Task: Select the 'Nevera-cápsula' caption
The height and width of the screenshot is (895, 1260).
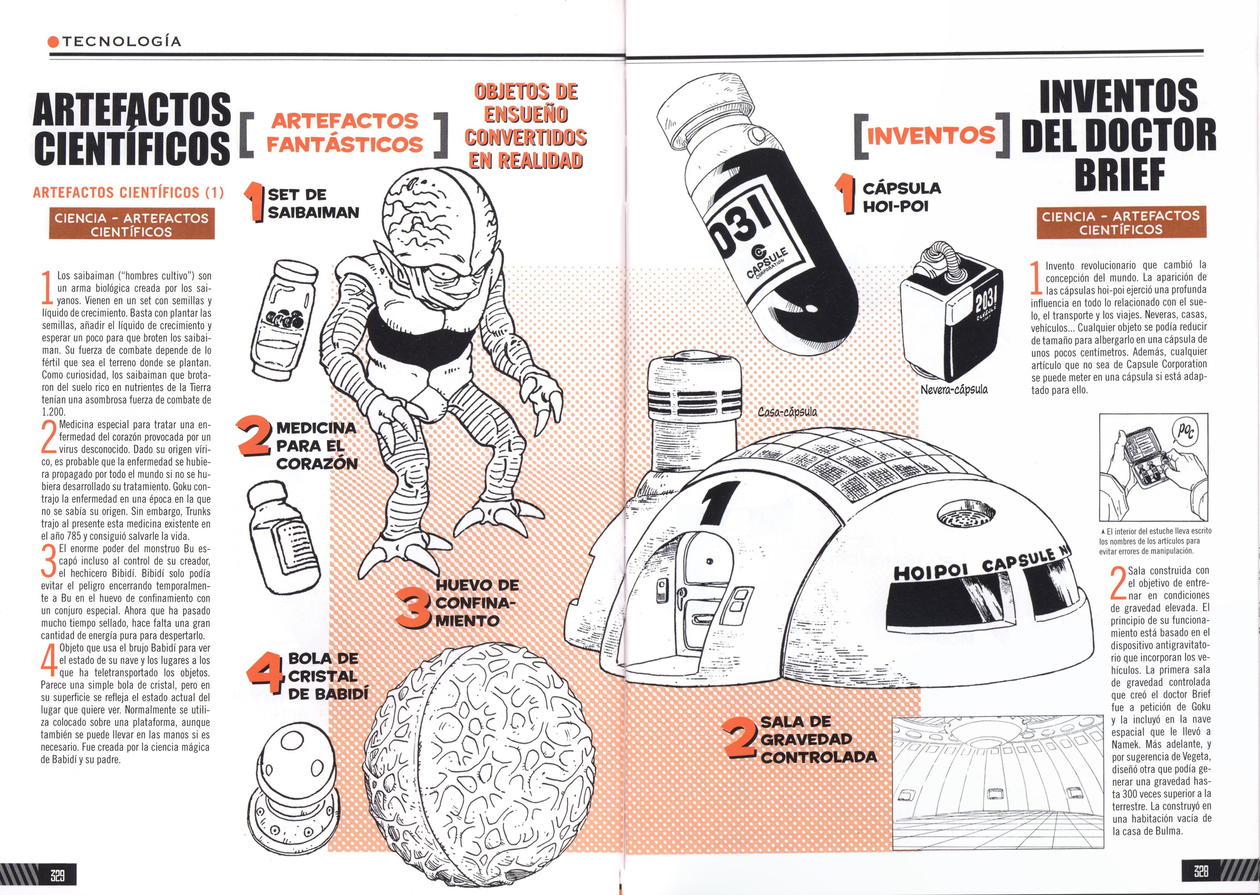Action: [x=954, y=390]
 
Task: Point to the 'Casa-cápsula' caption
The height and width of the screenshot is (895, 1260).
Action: [x=787, y=412]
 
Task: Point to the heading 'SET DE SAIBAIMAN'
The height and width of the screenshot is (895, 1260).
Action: [x=312, y=203]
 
